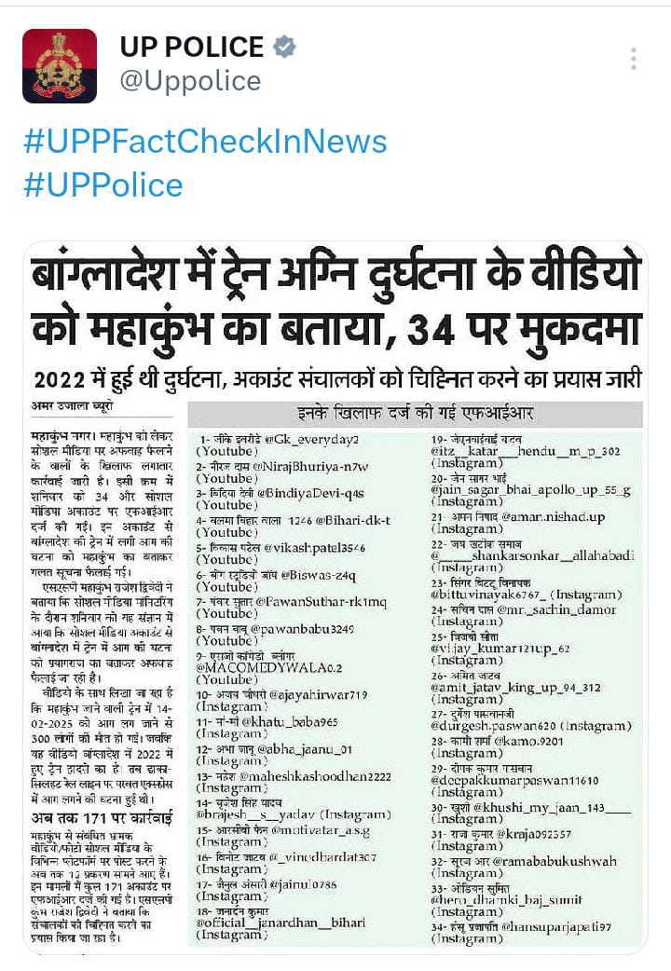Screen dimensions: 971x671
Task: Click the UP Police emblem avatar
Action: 60,65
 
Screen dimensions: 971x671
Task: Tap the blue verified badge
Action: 284,47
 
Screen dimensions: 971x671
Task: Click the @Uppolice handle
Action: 190,81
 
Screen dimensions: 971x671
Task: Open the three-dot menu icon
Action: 633,60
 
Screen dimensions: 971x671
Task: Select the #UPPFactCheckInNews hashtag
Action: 204,142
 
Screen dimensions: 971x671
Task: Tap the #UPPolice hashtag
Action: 103,185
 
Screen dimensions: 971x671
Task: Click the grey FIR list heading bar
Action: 415,413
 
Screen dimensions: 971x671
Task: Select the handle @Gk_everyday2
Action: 312,439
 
